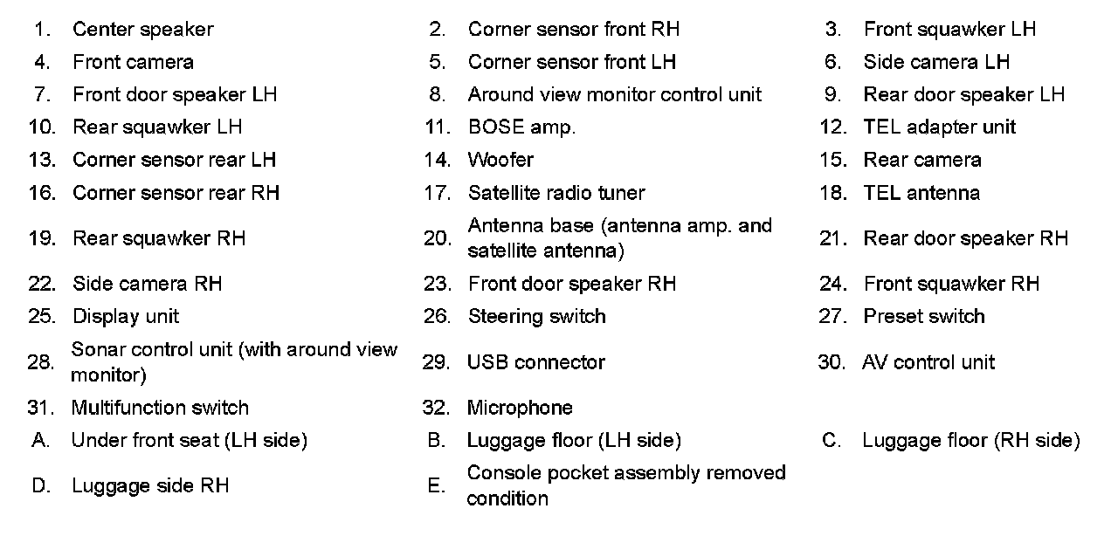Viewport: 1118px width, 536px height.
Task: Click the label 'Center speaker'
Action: point(142,30)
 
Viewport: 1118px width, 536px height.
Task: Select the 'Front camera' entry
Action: point(133,62)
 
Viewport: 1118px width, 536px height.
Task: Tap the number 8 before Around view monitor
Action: point(437,94)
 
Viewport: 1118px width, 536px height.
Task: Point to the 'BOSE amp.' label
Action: point(521,127)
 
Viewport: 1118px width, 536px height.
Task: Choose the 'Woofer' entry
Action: point(500,160)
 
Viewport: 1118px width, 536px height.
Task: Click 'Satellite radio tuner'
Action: point(556,193)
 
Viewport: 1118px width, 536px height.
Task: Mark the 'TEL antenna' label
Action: point(921,193)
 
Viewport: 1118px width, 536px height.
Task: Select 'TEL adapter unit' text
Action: point(939,127)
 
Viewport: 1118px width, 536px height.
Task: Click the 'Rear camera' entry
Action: point(922,160)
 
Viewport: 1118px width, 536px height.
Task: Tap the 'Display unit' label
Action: point(126,316)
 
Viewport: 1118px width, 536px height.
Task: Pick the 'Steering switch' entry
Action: point(536,316)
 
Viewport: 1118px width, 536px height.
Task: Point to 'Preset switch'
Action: point(924,316)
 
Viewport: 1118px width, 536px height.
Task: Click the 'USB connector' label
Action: point(535,362)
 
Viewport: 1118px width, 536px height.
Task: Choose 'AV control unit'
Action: point(928,362)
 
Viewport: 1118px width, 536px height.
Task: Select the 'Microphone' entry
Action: point(520,408)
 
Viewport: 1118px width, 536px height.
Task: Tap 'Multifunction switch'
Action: point(159,408)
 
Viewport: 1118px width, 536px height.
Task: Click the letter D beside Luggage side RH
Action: point(41,486)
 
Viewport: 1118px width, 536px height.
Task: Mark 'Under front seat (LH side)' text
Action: point(189,441)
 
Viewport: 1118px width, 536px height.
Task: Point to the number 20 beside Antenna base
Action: point(437,238)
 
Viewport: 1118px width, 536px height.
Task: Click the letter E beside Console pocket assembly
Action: point(437,486)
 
